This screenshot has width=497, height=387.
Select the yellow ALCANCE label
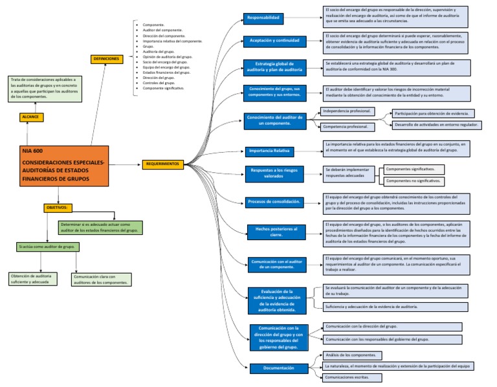(31, 117)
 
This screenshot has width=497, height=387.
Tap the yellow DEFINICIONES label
(107, 59)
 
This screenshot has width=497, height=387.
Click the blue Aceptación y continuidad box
(274, 41)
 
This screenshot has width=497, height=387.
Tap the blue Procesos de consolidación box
(274, 202)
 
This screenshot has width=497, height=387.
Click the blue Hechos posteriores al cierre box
(277, 232)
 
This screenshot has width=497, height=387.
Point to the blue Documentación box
(278, 368)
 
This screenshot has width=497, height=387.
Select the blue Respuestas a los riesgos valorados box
(275, 172)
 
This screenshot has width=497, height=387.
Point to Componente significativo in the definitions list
(163, 88)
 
